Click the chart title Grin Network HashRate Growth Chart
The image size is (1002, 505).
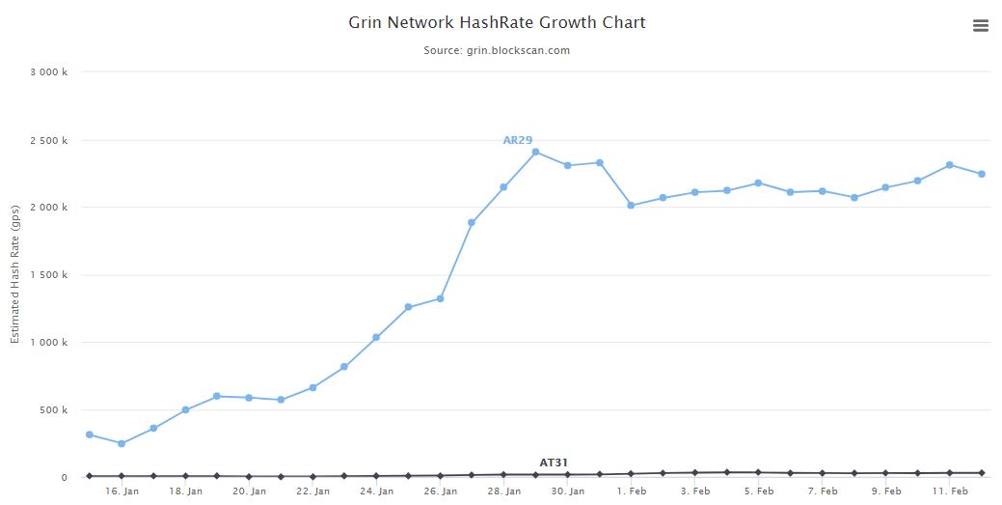pos(497,22)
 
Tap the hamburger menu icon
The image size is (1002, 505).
pos(981,26)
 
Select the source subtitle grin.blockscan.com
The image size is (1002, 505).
pos(497,50)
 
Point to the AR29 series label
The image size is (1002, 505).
pos(518,140)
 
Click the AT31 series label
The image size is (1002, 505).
pos(554,463)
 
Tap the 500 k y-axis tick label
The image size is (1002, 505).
pos(52,410)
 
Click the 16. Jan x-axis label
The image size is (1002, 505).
pos(122,491)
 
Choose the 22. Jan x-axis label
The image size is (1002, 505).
pos(312,491)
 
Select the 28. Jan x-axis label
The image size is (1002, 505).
pos(503,491)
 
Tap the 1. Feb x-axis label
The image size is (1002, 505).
pos(631,491)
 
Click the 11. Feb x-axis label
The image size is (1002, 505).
pos(950,491)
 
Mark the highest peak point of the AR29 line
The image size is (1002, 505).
pos(535,152)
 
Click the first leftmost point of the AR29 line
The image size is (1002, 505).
pos(90,435)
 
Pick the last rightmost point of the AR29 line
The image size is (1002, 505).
pos(982,174)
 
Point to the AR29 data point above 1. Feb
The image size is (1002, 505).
pos(631,206)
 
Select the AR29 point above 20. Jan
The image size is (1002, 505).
pos(249,398)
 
